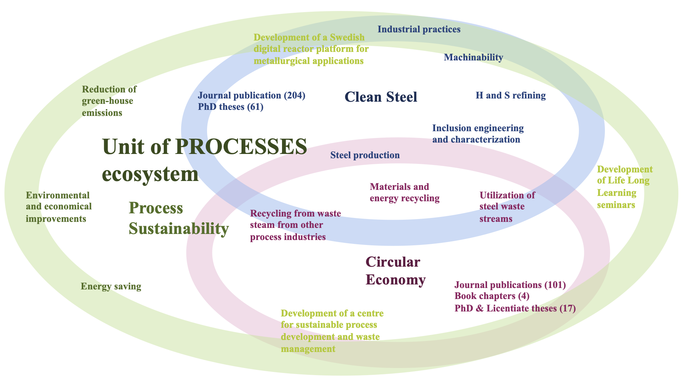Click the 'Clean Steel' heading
(381, 97)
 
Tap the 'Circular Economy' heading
(395, 271)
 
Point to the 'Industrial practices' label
(419, 29)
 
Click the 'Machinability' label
(473, 57)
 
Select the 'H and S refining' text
(510, 95)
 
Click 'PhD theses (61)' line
(231, 107)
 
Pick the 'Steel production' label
(365, 155)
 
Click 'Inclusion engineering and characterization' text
(477, 134)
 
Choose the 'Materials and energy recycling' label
(404, 192)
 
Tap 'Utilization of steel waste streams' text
(507, 207)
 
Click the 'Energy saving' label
(111, 286)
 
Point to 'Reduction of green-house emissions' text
(109, 101)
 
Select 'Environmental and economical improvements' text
(59, 207)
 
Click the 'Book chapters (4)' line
(492, 296)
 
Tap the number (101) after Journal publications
(555, 285)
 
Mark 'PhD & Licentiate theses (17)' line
(515, 308)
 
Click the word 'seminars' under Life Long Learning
(616, 205)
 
